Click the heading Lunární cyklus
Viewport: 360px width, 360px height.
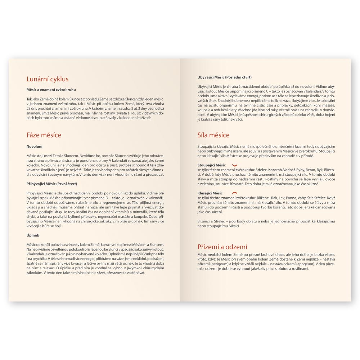[48, 79]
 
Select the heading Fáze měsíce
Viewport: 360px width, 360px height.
[44, 135]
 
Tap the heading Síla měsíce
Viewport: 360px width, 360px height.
[213, 135]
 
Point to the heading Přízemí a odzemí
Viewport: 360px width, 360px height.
[222, 247]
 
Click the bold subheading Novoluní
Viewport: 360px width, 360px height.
[35, 147]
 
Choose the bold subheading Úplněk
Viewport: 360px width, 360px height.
[33, 235]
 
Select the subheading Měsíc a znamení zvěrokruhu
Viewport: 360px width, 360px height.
[51, 90]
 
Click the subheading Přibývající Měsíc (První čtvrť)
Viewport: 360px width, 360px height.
[51, 184]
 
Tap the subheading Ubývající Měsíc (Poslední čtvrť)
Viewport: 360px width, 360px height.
[225, 77]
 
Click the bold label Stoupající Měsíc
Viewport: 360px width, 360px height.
[212, 165]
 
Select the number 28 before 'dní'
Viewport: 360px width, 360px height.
[28, 108]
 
